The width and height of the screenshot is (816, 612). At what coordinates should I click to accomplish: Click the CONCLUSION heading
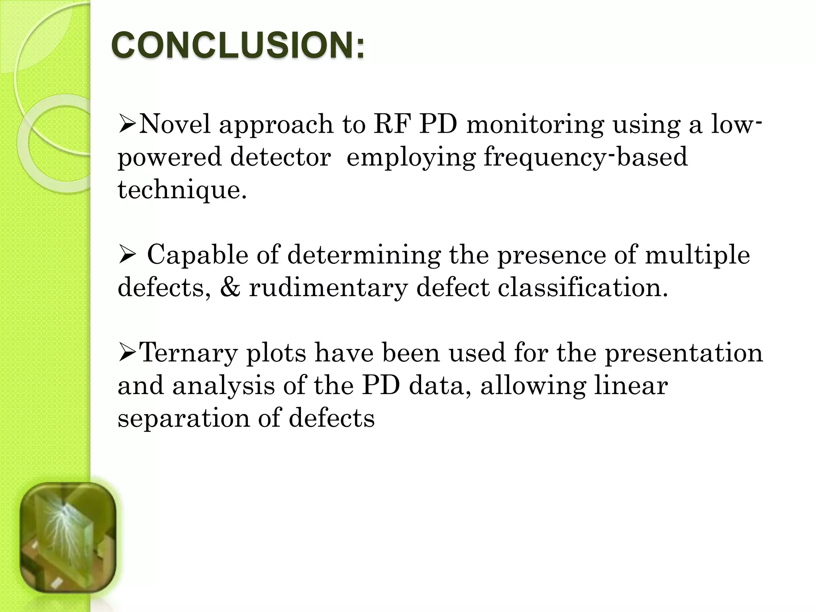237,45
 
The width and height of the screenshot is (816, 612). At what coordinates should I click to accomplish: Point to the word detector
280,157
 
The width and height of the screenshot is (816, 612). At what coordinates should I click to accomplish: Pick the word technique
182,190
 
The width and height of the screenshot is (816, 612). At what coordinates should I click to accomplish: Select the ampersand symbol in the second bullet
230,288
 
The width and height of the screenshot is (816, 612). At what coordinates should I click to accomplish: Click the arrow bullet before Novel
127,125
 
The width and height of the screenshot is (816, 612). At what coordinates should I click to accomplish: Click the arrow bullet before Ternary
127,353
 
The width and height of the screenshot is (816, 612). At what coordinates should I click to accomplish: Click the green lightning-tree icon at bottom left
68,538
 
